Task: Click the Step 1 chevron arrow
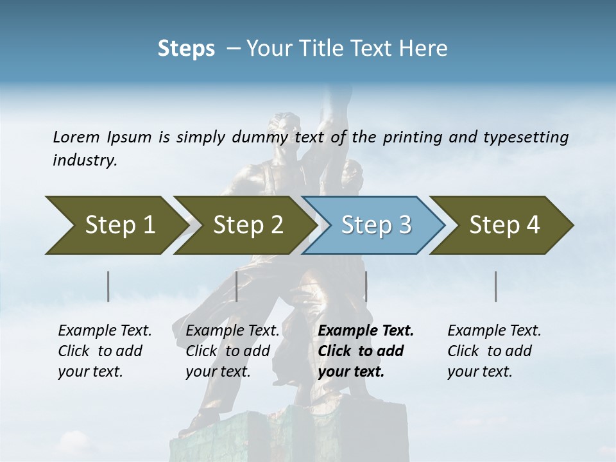point(116,225)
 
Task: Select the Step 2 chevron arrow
point(244,225)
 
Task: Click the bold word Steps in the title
point(186,49)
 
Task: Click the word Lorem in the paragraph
point(76,137)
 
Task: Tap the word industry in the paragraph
point(85,160)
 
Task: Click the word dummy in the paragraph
point(254,137)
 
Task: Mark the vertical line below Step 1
point(108,286)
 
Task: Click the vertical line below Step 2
point(237,286)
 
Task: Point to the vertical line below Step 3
point(366,286)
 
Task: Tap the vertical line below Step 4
point(495,286)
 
